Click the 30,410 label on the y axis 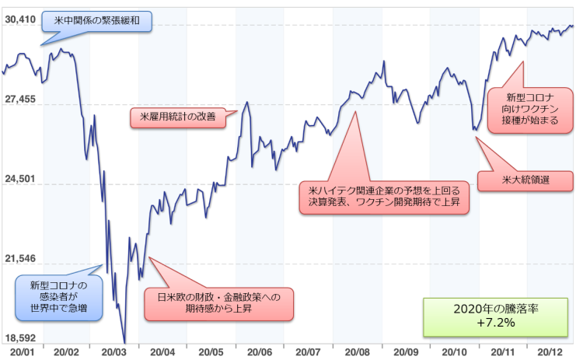click(x=19, y=18)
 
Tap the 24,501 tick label click(x=19, y=179)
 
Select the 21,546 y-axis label click(x=19, y=258)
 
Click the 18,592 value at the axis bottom click(x=19, y=338)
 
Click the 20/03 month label click(x=114, y=352)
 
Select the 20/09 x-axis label click(x=406, y=352)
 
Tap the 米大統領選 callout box click(x=525, y=181)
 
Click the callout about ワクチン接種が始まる click(x=532, y=109)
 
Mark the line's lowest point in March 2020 click(x=124, y=341)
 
